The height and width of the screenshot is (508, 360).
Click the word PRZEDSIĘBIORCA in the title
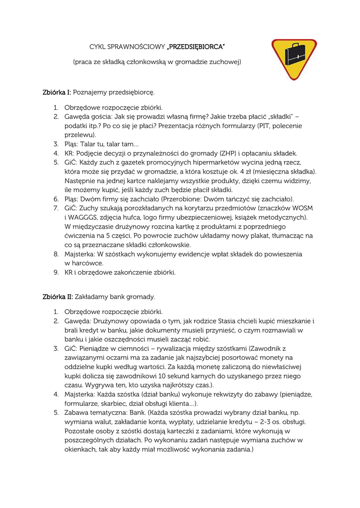(x=196, y=47)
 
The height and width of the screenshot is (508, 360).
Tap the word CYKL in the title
(x=92, y=47)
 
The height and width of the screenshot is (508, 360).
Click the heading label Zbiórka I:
(x=57, y=92)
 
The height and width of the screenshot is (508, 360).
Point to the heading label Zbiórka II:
(x=58, y=297)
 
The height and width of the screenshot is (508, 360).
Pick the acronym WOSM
(x=295, y=208)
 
